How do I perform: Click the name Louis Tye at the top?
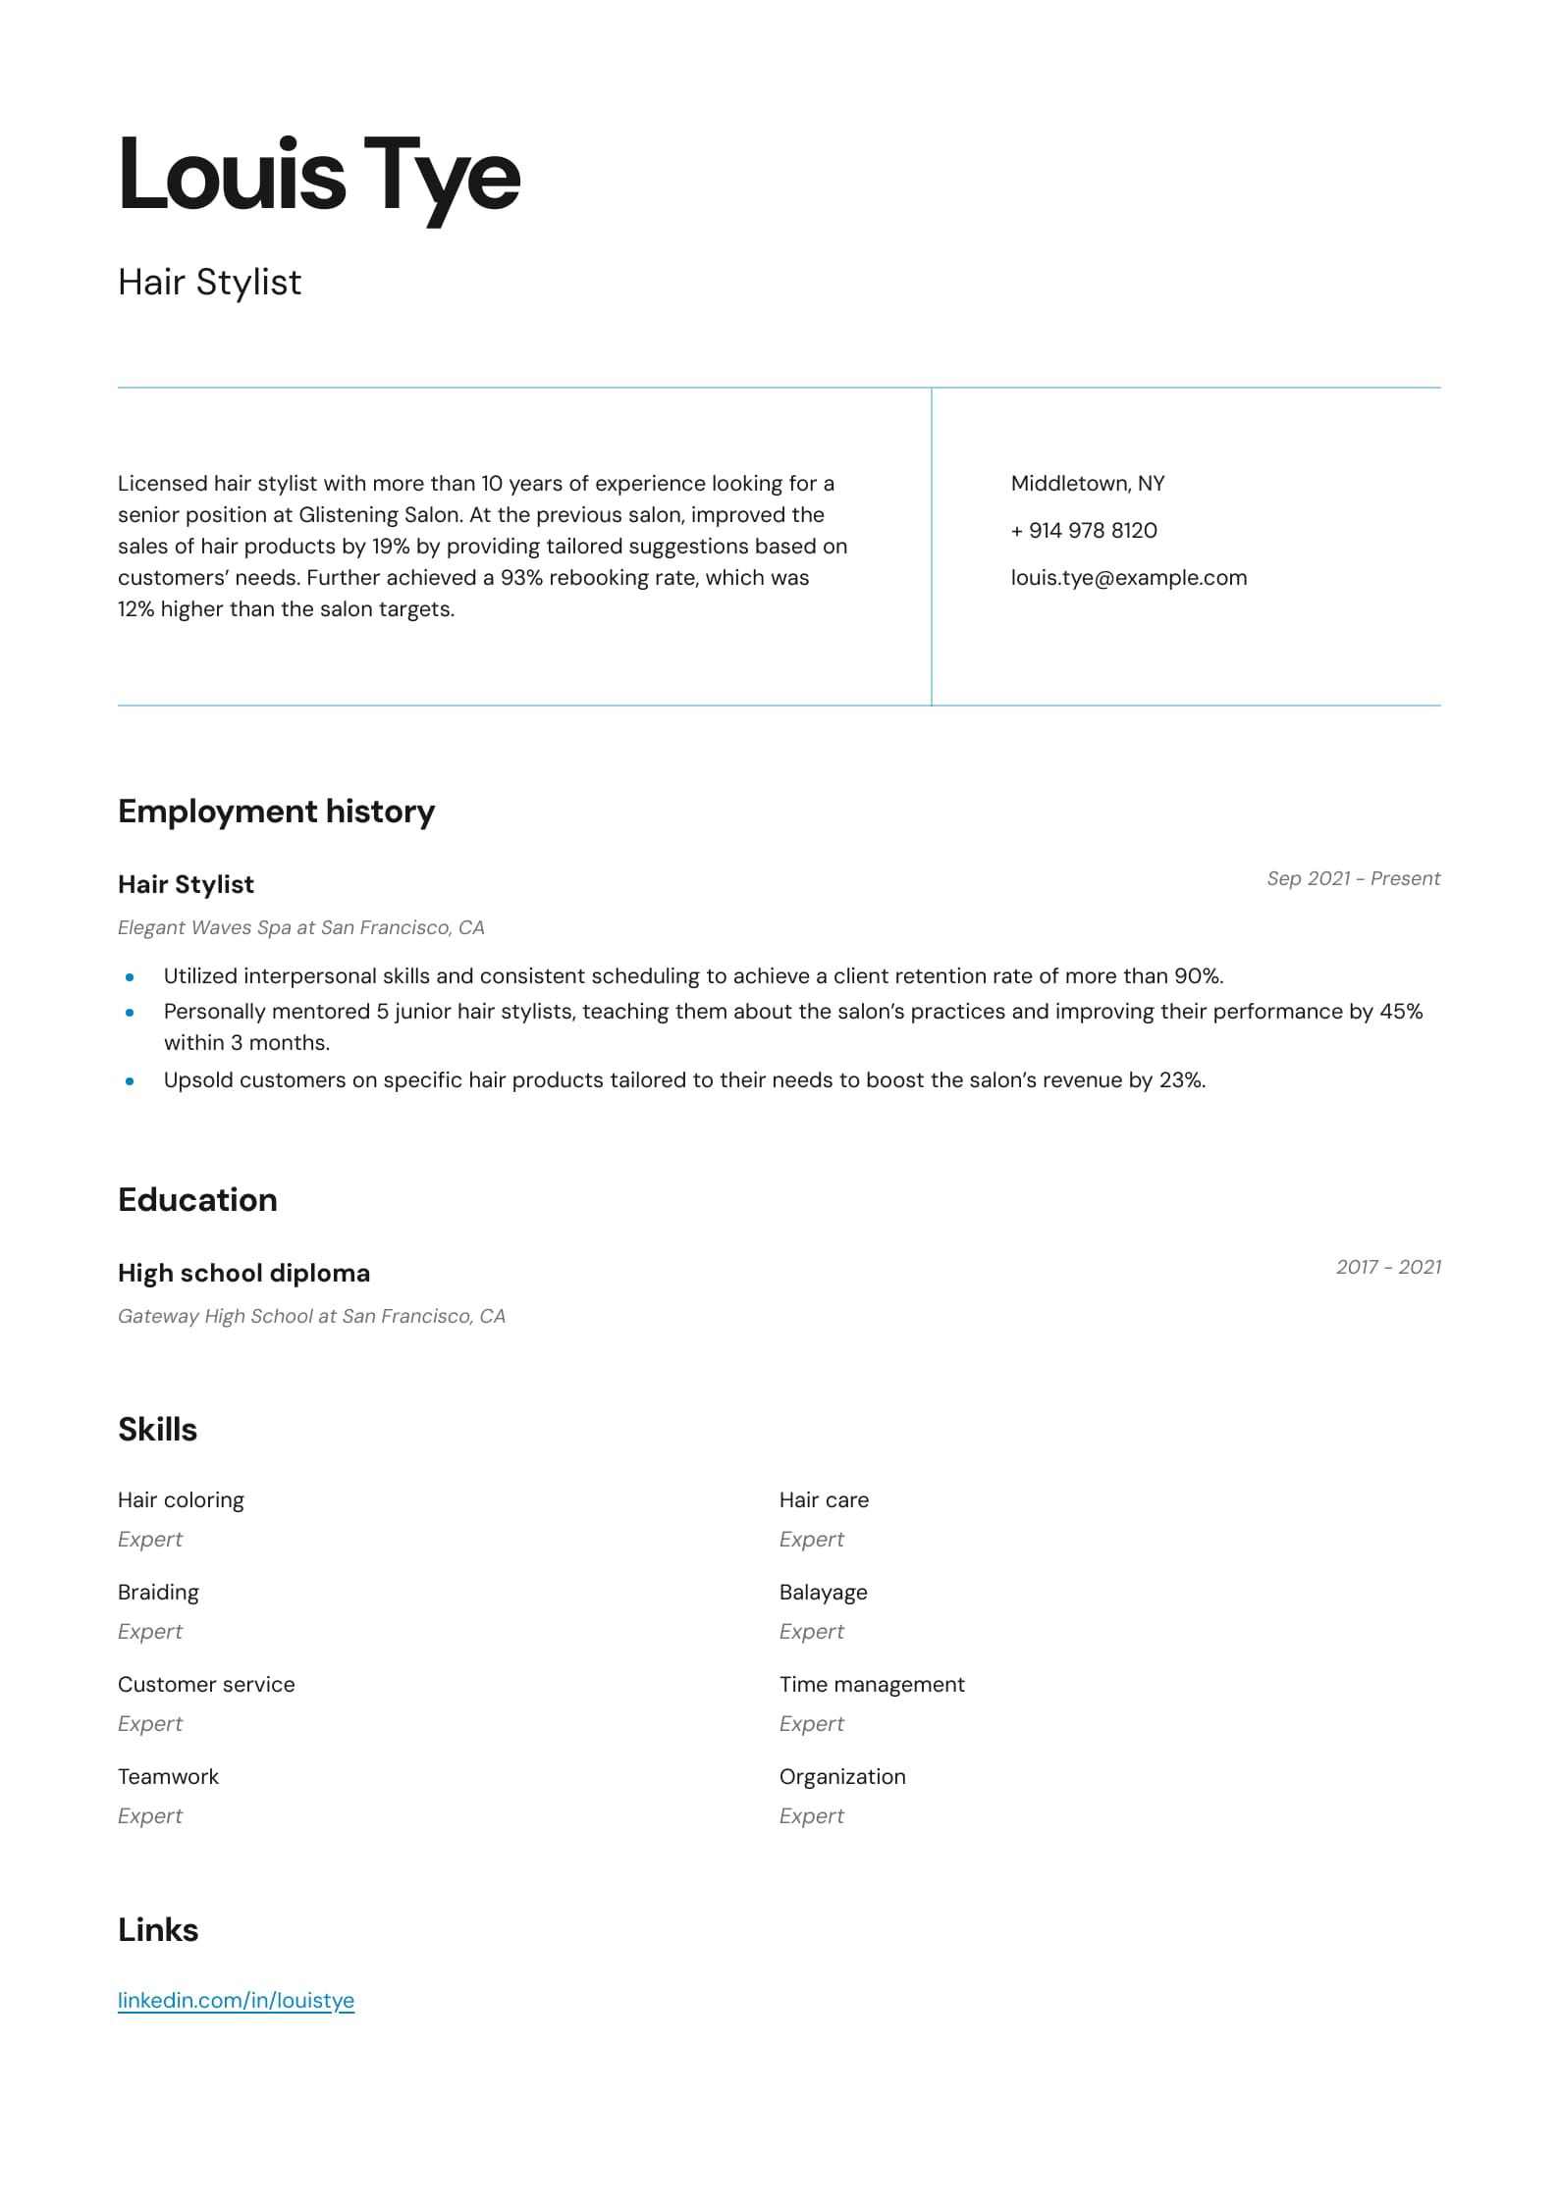click(x=319, y=177)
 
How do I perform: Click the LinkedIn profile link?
click(x=236, y=2000)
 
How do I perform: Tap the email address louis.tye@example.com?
click(x=1128, y=578)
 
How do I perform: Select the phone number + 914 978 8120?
click(x=1083, y=531)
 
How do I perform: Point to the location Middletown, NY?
click(x=1087, y=484)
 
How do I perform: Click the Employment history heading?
click(x=276, y=812)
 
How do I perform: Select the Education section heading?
click(x=197, y=1200)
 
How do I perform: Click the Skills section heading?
click(x=157, y=1430)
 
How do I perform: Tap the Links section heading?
click(x=158, y=1930)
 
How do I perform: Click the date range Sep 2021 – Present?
click(x=1353, y=878)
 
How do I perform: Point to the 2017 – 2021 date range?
click(x=1388, y=1267)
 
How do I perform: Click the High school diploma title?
click(x=243, y=1273)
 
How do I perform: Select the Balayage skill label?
click(x=823, y=1593)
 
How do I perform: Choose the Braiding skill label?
click(x=158, y=1593)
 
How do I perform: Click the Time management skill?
click(x=872, y=1685)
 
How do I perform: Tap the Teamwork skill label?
click(x=168, y=1777)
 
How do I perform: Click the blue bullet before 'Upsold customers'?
click(x=130, y=1081)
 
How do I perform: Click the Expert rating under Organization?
click(x=811, y=1816)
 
